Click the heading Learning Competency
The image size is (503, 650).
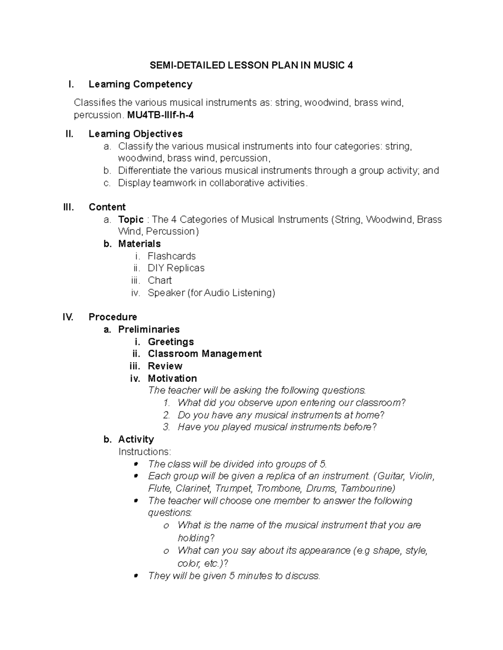[x=140, y=84]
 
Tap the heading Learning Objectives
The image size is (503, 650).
[x=135, y=134]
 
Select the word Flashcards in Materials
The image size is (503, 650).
[x=171, y=256]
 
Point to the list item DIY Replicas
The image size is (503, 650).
[x=176, y=268]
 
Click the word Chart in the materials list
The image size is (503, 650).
[x=160, y=280]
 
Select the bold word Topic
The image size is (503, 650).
[x=131, y=219]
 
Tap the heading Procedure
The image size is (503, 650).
[x=113, y=317]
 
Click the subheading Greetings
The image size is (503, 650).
[x=171, y=342]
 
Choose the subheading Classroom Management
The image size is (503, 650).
[x=205, y=354]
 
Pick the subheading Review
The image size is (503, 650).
[x=165, y=366]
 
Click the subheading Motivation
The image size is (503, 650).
[x=172, y=378]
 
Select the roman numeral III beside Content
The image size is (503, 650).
[x=68, y=207]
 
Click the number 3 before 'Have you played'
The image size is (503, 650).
[x=166, y=427]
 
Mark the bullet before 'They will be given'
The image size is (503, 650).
[x=135, y=576]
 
